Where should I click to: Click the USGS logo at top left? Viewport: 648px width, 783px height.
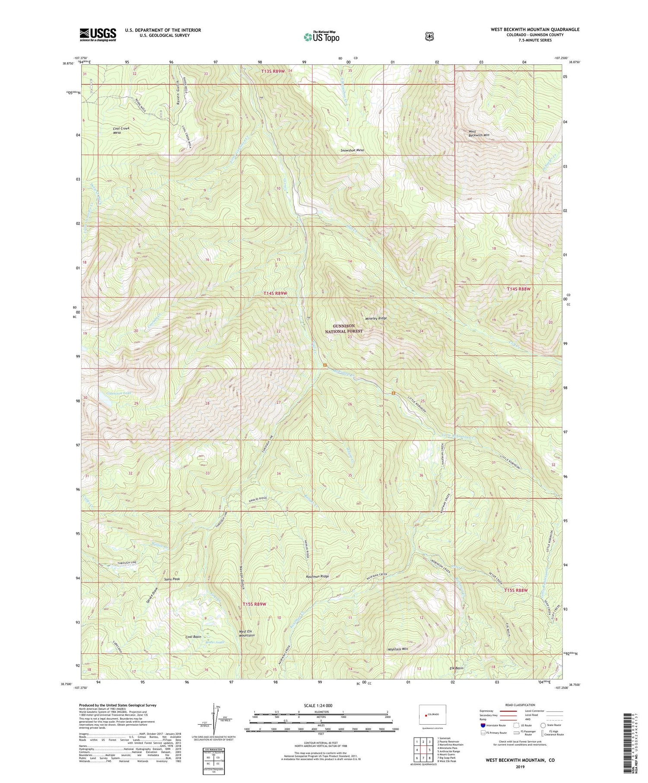(98, 34)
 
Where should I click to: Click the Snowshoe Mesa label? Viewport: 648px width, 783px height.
(352, 150)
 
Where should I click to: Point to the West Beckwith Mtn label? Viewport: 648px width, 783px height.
(479, 133)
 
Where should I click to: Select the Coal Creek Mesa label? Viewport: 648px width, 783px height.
(121, 130)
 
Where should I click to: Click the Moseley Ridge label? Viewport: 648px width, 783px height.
(376, 318)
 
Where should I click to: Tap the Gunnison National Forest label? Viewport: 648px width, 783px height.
(344, 329)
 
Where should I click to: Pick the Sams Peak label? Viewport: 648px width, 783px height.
(172, 579)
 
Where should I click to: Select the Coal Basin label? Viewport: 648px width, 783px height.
(193, 637)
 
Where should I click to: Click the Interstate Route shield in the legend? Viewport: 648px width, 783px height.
(483, 725)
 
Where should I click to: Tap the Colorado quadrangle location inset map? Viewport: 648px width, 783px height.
(432, 714)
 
